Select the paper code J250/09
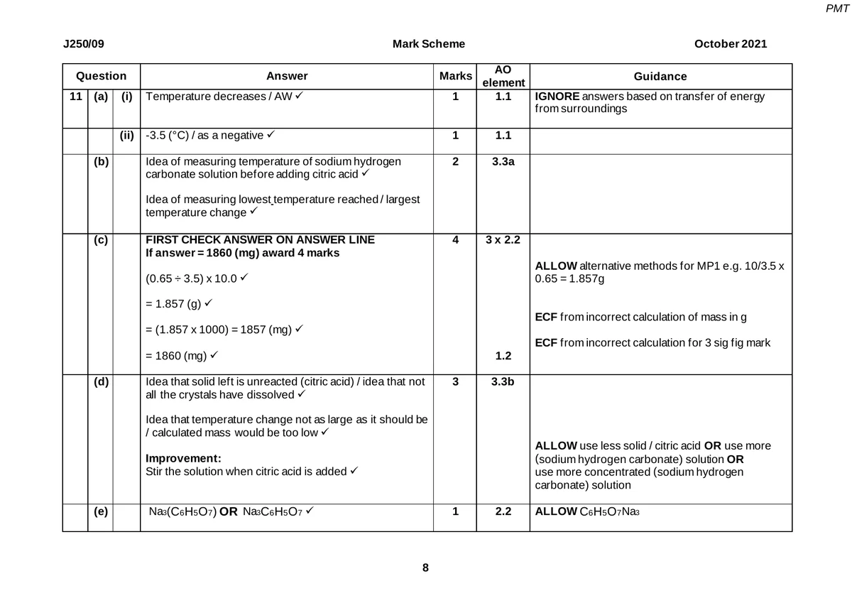[84, 44]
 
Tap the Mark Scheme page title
[429, 44]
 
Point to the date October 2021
[731, 44]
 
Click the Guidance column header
[660, 76]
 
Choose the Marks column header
[455, 76]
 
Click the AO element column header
[503, 76]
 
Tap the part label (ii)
[126, 135]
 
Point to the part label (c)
[101, 241]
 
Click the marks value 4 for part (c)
[455, 240]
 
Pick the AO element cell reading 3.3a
[503, 162]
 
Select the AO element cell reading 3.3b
[503, 382]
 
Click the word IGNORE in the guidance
[557, 97]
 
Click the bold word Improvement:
[183, 459]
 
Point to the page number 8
[425, 567]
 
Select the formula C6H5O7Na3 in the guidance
[610, 511]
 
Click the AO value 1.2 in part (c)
[503, 355]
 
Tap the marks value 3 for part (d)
[455, 382]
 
